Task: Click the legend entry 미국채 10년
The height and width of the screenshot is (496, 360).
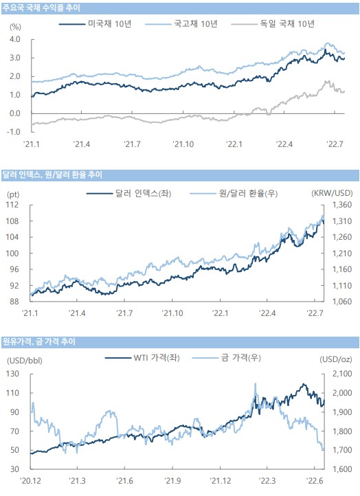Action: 95,24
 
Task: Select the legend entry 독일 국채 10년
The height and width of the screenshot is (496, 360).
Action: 273,24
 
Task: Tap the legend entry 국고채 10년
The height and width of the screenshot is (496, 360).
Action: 181,24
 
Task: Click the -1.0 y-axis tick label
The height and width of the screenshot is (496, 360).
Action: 14,132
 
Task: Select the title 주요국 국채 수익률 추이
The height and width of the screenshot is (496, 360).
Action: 41,8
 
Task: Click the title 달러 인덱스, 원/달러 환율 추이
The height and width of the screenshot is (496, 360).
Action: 52,174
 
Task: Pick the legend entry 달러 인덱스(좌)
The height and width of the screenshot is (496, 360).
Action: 128,193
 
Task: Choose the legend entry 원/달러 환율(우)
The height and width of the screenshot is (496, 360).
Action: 234,193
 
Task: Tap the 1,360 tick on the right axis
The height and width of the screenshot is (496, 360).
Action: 342,205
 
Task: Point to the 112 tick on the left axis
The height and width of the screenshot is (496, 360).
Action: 12,205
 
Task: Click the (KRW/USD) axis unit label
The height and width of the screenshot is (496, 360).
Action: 332,193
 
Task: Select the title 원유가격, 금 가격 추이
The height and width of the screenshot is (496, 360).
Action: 39,341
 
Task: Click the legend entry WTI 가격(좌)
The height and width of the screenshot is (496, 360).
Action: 142,358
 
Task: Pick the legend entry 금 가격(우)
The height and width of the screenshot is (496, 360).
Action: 227,358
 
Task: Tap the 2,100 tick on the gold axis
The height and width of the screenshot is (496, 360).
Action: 342,374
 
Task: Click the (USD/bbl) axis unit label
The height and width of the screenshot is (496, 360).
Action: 25,360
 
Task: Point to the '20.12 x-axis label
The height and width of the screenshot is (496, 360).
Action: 30,481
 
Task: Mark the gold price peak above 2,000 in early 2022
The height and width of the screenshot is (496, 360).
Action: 255,384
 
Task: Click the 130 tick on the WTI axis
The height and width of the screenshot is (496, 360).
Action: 12,374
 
